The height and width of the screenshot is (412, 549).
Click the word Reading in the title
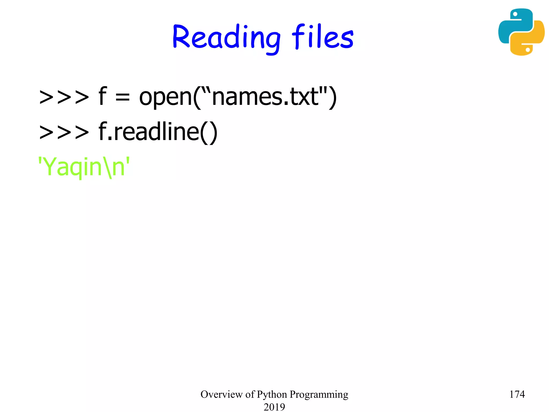click(x=226, y=38)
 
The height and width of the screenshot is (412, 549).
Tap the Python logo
click(x=521, y=32)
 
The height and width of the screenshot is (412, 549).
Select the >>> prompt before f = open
click(x=64, y=97)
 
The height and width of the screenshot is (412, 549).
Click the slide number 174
click(x=517, y=394)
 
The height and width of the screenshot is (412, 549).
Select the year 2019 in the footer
click(x=274, y=407)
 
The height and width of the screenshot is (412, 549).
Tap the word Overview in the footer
click(x=221, y=394)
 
